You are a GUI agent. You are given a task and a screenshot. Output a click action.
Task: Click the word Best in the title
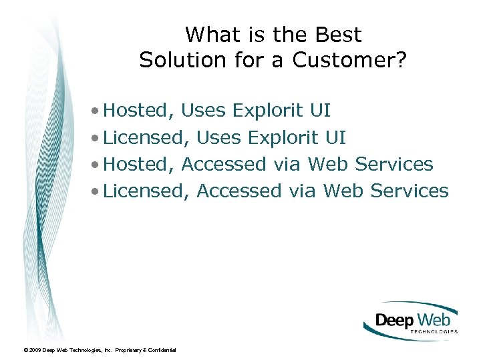coord(337,35)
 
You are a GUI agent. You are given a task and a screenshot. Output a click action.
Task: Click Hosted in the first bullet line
coord(140,110)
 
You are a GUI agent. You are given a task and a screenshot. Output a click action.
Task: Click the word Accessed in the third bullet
coord(224,164)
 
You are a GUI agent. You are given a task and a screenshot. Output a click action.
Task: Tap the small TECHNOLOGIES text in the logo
coord(433,331)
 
